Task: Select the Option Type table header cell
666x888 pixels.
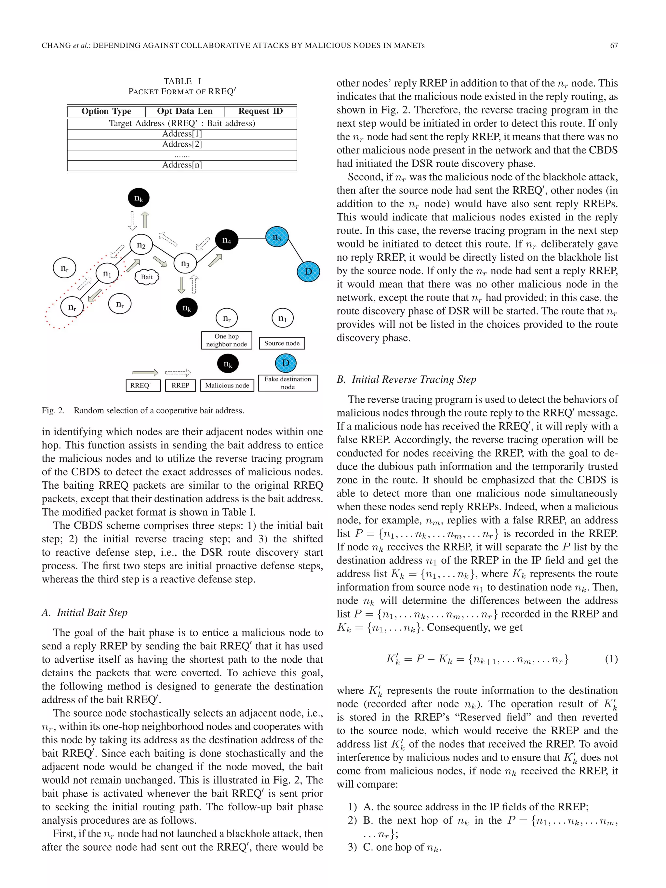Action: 106,111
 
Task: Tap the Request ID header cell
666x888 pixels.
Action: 260,111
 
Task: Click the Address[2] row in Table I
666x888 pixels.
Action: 182,144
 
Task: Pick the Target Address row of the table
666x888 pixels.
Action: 182,123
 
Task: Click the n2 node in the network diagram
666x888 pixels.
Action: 141,245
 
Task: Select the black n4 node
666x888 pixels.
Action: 227,240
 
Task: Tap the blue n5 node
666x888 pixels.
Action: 277,237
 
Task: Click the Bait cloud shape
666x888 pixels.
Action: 147,277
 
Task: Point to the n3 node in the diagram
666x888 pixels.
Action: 185,263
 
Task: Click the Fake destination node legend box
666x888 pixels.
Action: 287,383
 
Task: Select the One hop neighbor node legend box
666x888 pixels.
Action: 226,340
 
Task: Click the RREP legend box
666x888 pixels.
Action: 180,385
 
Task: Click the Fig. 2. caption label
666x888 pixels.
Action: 53,410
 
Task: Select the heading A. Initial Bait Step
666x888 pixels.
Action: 85,612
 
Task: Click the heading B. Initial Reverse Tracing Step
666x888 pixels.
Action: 406,379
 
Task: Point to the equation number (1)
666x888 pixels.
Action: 611,659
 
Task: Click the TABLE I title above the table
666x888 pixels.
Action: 182,81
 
